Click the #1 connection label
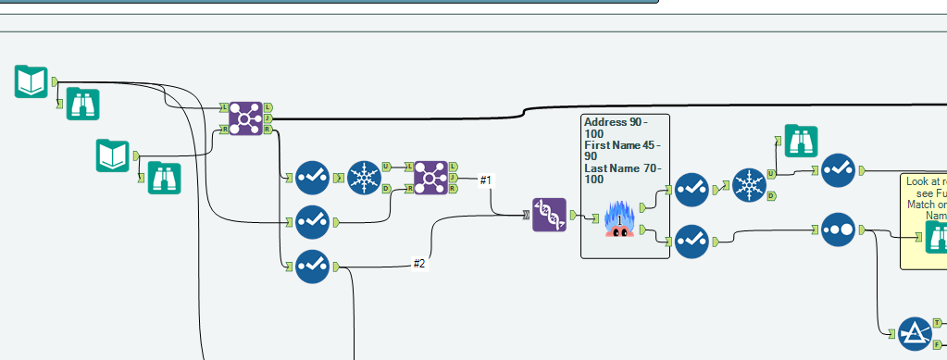[485, 180]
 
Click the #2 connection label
[418, 264]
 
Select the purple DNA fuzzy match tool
[549, 215]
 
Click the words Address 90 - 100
[616, 128]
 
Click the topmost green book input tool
[31, 81]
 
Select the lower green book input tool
[112, 155]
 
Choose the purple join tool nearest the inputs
[245, 118]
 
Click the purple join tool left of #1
[430, 177]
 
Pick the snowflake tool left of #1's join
[364, 177]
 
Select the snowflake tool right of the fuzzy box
[748, 184]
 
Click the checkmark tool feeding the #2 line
[312, 267]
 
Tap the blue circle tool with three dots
[838, 229]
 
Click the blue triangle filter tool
[915, 333]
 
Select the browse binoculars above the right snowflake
[801, 141]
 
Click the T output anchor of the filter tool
[937, 322]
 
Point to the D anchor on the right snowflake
[771, 196]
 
